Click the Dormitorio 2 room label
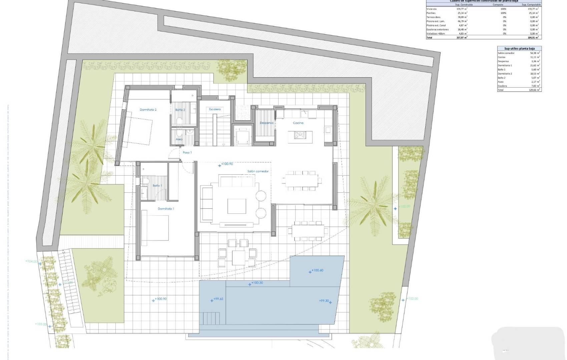148,110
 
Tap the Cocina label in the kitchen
298,123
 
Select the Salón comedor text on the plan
258,171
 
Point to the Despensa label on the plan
266,123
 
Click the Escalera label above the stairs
215,109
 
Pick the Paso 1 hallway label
187,153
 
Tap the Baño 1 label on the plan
157,186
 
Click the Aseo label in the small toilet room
179,139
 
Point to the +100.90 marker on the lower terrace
160,299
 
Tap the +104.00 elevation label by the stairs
31,262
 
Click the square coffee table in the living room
237,206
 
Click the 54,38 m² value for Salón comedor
535,53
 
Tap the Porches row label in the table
431,13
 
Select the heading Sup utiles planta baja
519,49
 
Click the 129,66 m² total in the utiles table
535,90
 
